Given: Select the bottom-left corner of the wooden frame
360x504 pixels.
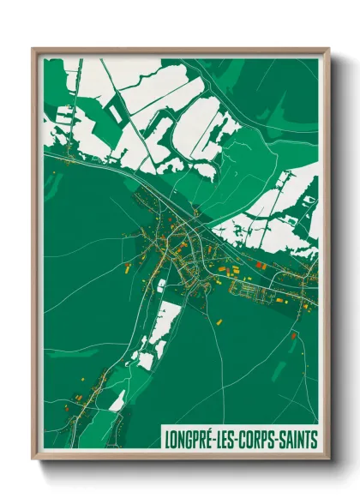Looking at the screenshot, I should coord(33,459).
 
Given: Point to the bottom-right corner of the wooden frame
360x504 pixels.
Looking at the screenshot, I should coord(328,459).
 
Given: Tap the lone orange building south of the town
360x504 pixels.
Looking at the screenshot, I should coord(219,321).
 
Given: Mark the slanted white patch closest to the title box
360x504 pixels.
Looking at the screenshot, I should coord(117,399).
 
